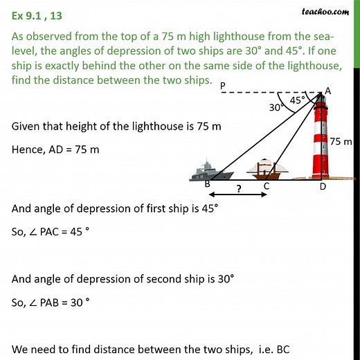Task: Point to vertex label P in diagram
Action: [223, 86]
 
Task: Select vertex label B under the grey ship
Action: [206, 186]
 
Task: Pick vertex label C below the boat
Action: [266, 186]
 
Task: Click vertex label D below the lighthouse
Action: [322, 186]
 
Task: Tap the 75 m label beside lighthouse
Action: [341, 141]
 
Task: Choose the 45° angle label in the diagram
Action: [296, 99]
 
